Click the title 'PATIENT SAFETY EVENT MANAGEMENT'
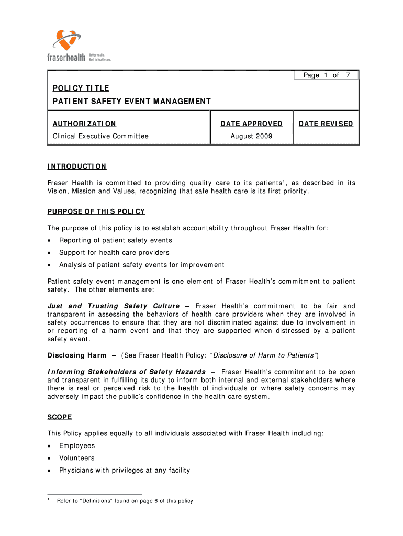(131, 101)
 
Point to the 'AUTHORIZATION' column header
(84, 124)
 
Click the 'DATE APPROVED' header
(251, 124)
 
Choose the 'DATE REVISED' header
(326, 124)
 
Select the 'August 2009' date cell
(251, 136)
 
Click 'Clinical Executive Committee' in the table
(100, 136)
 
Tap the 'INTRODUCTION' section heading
(77, 166)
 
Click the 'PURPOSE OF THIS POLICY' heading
(96, 211)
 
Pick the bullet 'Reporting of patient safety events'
(115, 240)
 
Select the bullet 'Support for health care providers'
(114, 252)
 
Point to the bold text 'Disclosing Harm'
(77, 355)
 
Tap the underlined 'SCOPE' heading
(60, 417)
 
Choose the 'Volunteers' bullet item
(77, 458)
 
